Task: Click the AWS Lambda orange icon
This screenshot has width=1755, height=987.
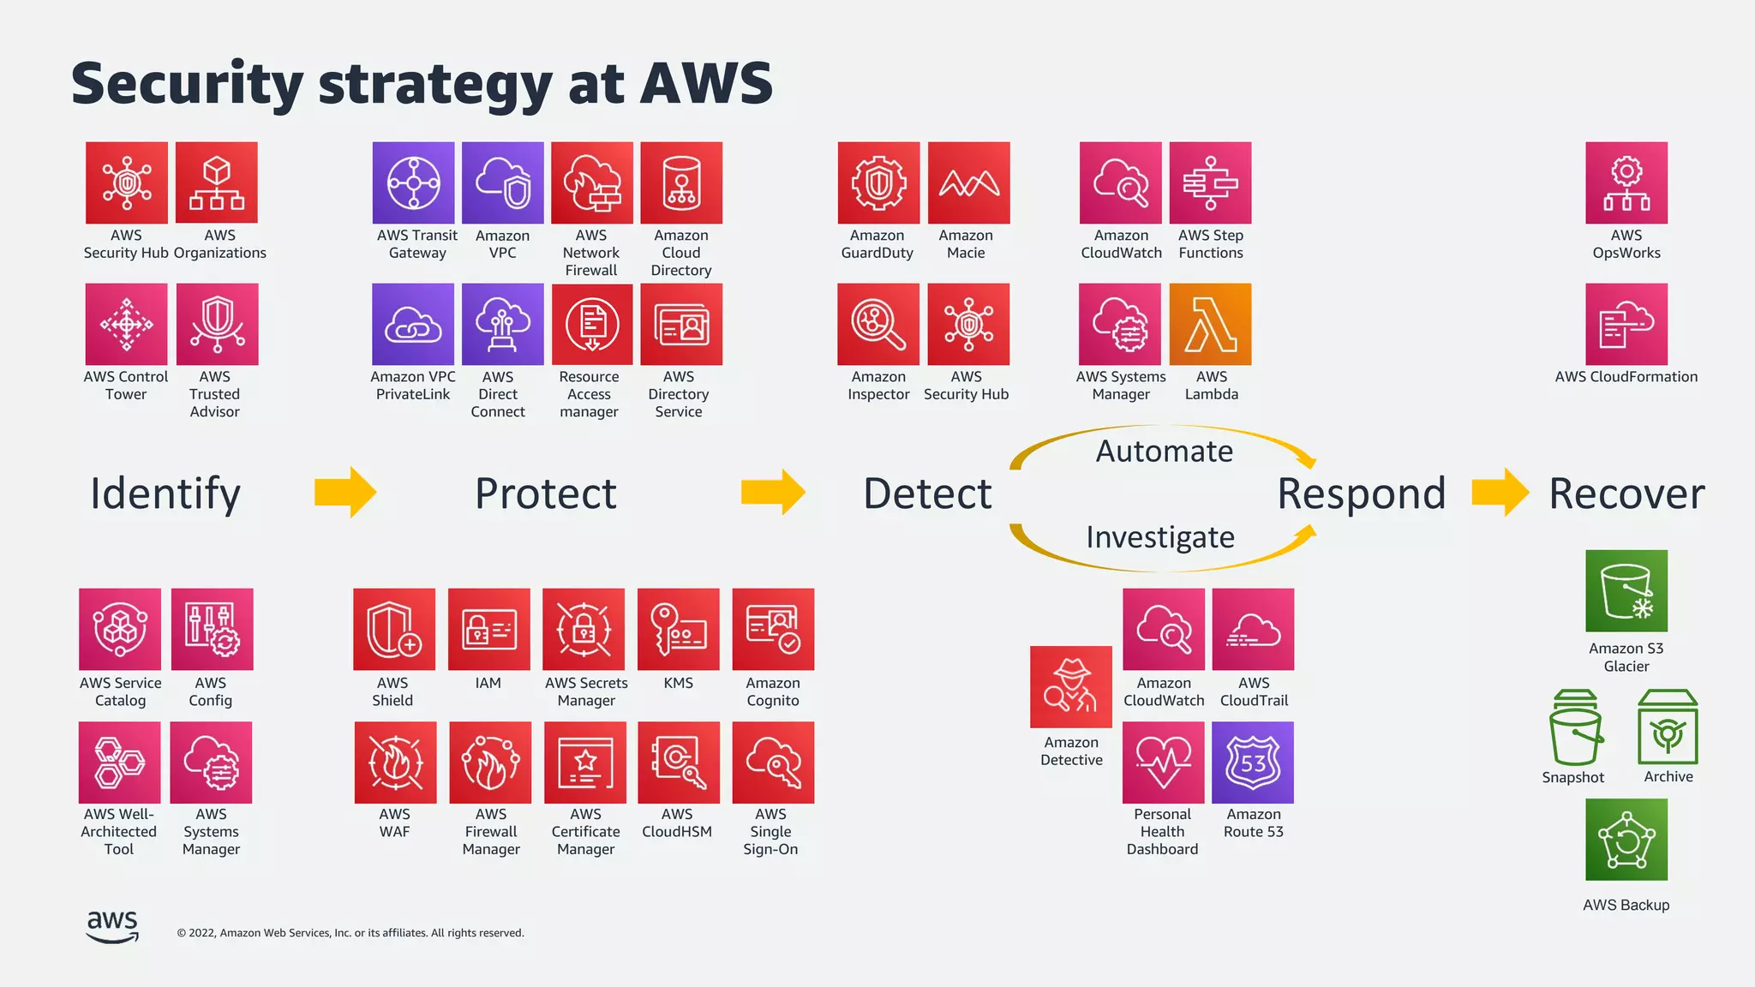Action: (1210, 325)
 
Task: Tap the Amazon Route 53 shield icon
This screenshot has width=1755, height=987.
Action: (1253, 763)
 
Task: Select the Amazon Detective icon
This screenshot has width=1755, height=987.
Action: (1071, 687)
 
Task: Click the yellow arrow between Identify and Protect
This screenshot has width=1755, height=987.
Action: (345, 493)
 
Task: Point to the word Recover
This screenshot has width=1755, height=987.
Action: (1626, 493)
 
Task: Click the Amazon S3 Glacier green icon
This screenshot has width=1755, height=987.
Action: (1626, 591)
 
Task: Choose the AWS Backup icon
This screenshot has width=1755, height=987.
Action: (1626, 840)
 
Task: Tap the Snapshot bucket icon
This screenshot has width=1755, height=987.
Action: (1575, 728)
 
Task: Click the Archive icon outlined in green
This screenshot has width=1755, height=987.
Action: (1668, 727)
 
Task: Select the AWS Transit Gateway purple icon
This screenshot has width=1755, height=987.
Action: (414, 183)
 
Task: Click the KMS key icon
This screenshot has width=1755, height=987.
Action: (679, 630)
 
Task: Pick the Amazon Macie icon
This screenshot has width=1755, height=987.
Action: (968, 183)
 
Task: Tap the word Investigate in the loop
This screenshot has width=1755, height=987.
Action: (1160, 537)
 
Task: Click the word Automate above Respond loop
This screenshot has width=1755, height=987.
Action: (1164, 452)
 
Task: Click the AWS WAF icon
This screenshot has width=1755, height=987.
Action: (395, 763)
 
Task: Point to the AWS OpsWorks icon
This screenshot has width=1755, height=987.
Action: (1626, 183)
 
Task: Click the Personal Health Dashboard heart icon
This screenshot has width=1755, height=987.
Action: (1164, 763)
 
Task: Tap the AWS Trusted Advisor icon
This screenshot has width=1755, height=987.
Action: (217, 325)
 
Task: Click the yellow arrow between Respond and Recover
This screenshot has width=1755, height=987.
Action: (1500, 493)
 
